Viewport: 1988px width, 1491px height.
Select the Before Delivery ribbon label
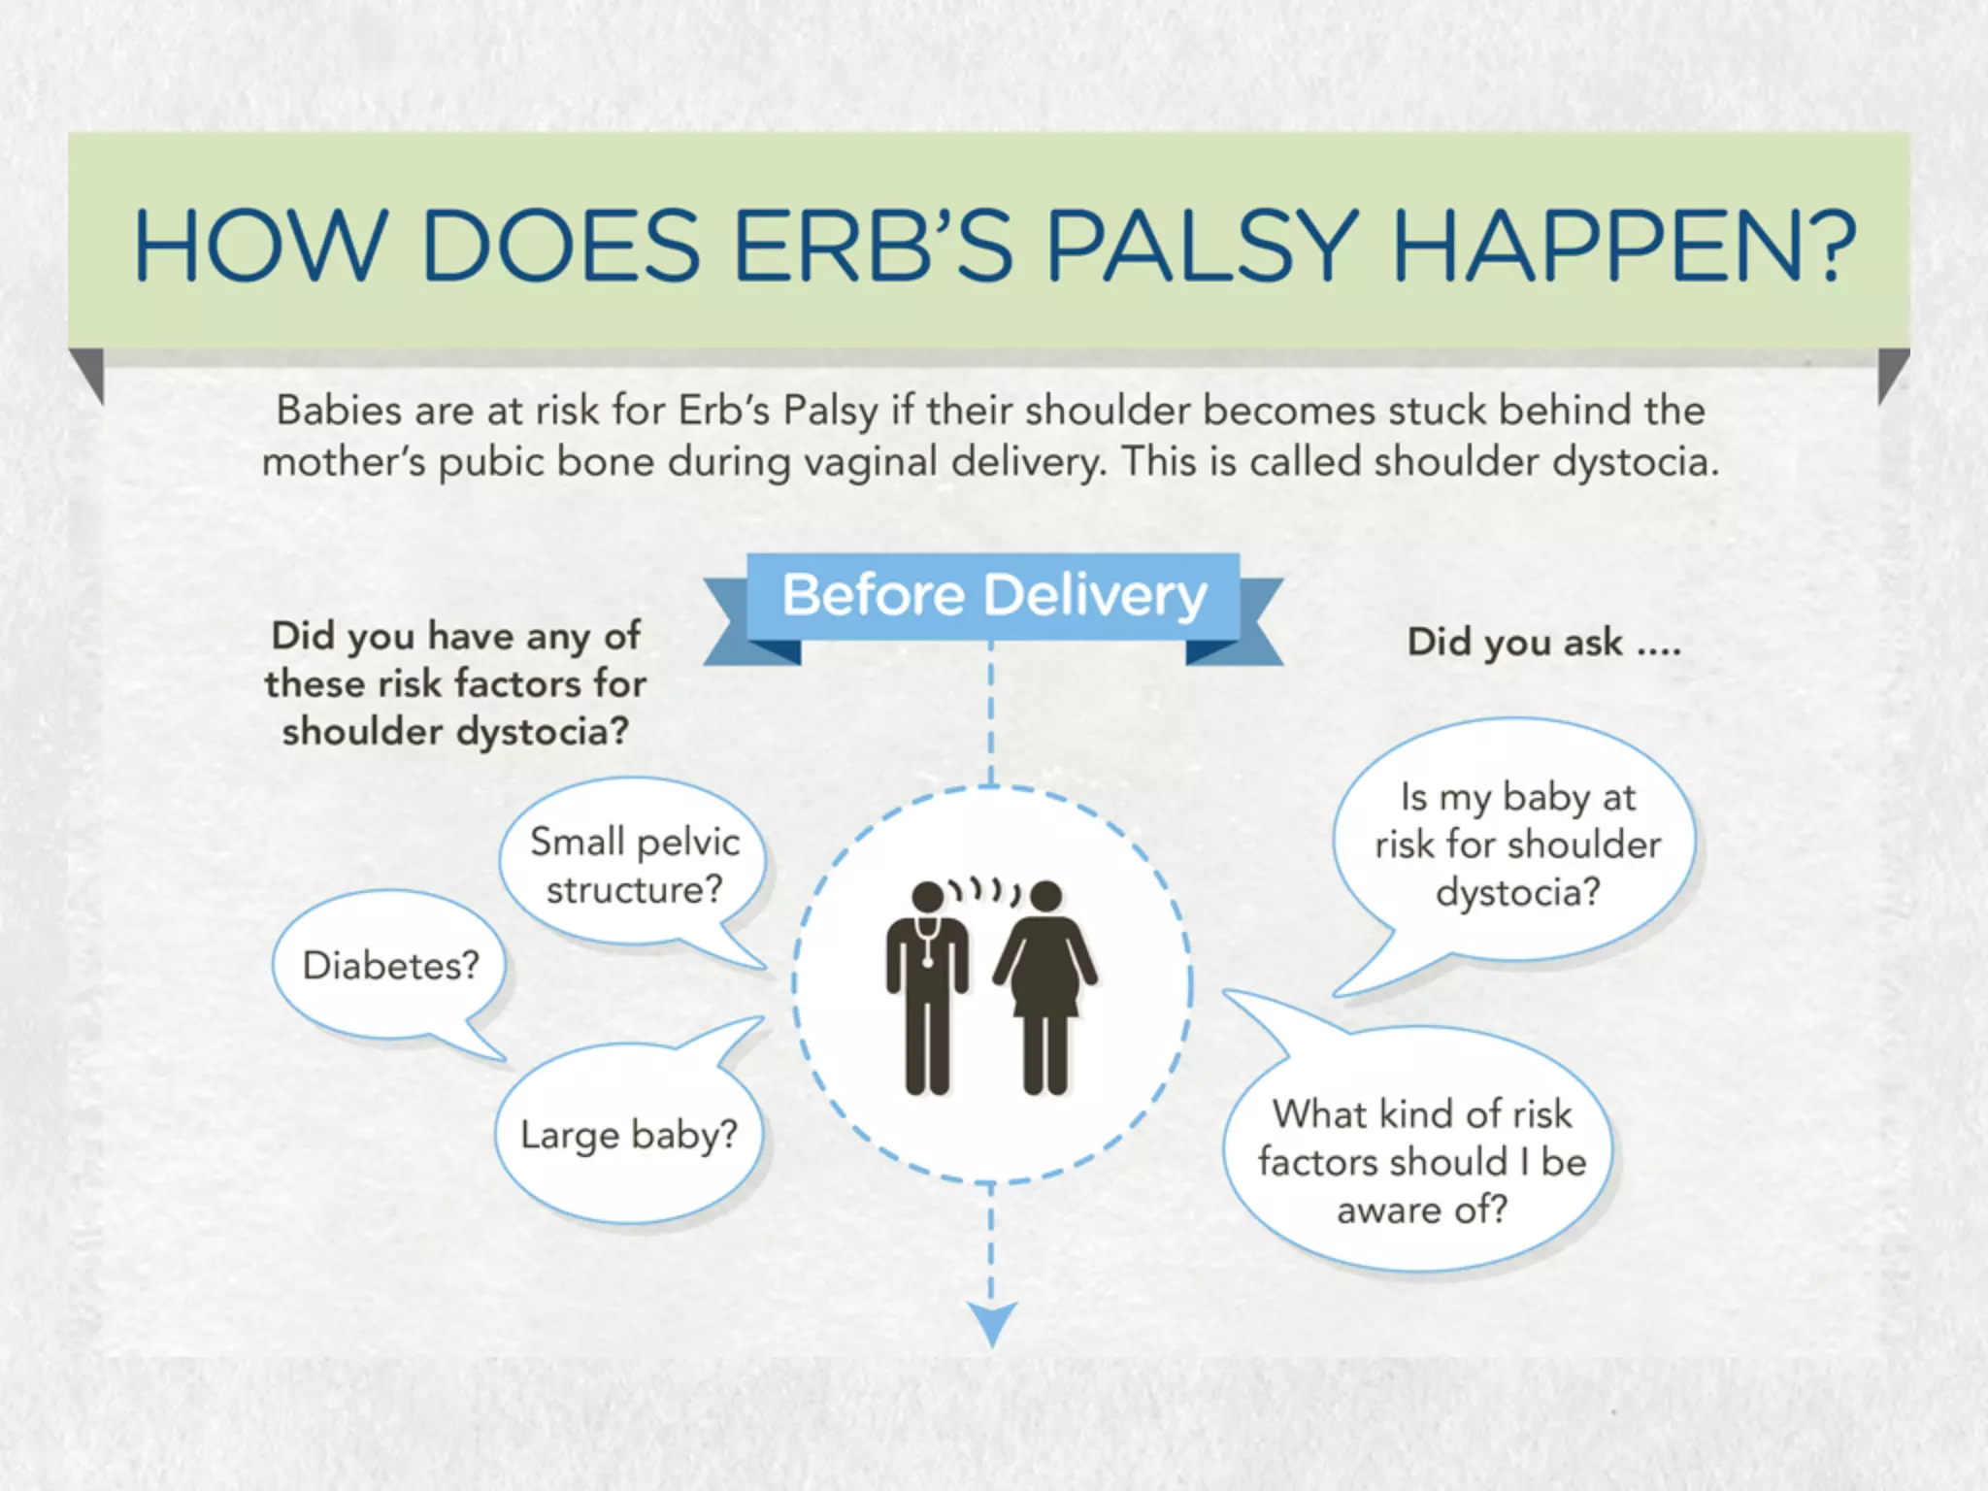pyautogui.click(x=994, y=594)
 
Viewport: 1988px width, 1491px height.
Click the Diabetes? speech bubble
pyautogui.click(x=390, y=965)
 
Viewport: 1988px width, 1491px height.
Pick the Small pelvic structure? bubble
pyautogui.click(x=634, y=865)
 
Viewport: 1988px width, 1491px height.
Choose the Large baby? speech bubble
pyautogui.click(x=629, y=1134)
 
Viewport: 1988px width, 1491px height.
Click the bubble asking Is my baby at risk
pyautogui.click(x=1516, y=843)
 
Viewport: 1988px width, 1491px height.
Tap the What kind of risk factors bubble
pyautogui.click(x=1421, y=1159)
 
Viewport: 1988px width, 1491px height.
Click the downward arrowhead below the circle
pyautogui.click(x=992, y=1323)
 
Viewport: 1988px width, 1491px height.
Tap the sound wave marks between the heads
pyautogui.click(x=985, y=889)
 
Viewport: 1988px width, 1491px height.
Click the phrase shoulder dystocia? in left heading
pyautogui.click(x=455, y=731)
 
